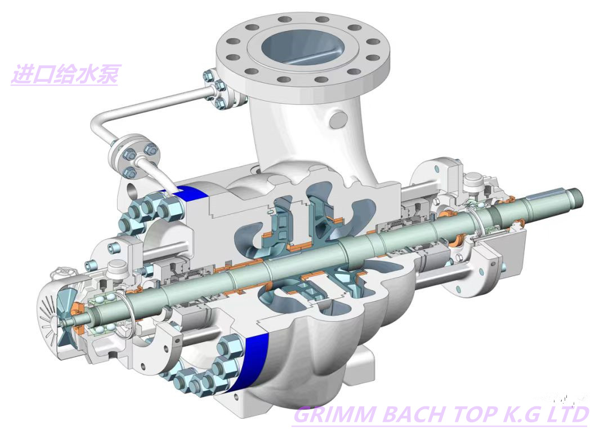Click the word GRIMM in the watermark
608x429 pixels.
[x=335, y=415]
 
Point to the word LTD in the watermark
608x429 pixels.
[x=567, y=415]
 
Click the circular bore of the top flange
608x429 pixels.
[x=302, y=47]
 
